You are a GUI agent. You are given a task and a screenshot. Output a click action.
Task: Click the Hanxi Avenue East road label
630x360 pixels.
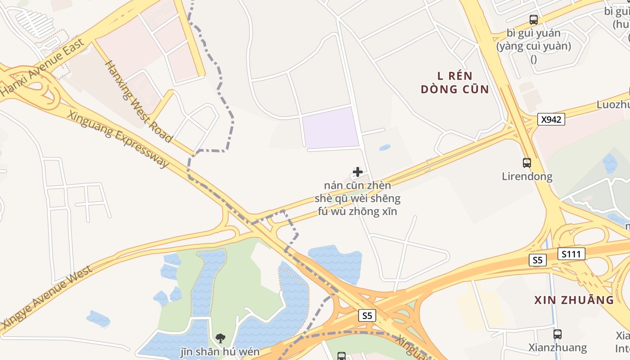[x=43, y=67]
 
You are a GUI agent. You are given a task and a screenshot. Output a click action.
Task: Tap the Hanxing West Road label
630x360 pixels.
[x=139, y=101]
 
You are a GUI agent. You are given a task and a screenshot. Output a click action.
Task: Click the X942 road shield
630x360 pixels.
[x=551, y=119]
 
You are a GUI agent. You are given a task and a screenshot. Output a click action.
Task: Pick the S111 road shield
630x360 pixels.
[x=572, y=254]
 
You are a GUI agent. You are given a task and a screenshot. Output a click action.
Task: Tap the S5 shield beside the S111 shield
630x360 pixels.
[x=538, y=260]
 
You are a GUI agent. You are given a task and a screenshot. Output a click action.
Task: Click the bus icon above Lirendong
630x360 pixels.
[x=527, y=162]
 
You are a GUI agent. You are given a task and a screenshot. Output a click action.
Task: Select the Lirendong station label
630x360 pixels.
[x=527, y=176]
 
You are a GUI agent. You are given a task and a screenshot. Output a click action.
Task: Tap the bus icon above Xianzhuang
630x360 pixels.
[x=558, y=334]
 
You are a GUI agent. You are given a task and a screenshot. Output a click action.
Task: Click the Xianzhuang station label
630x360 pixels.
[x=558, y=347]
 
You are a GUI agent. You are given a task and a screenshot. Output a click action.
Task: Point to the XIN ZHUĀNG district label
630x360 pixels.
[x=574, y=300]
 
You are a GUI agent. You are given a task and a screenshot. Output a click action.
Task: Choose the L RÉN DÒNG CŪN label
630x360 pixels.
[x=455, y=82]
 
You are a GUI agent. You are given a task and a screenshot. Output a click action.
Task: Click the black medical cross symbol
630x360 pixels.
[x=358, y=172]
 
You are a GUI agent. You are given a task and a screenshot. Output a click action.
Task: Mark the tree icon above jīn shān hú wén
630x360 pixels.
[x=220, y=338]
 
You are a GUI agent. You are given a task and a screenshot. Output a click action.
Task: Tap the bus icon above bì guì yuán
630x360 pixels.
[x=534, y=20]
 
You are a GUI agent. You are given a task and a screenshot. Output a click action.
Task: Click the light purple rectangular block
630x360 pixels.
[x=330, y=128]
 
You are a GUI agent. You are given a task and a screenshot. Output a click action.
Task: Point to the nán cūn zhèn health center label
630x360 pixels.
[x=358, y=198]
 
